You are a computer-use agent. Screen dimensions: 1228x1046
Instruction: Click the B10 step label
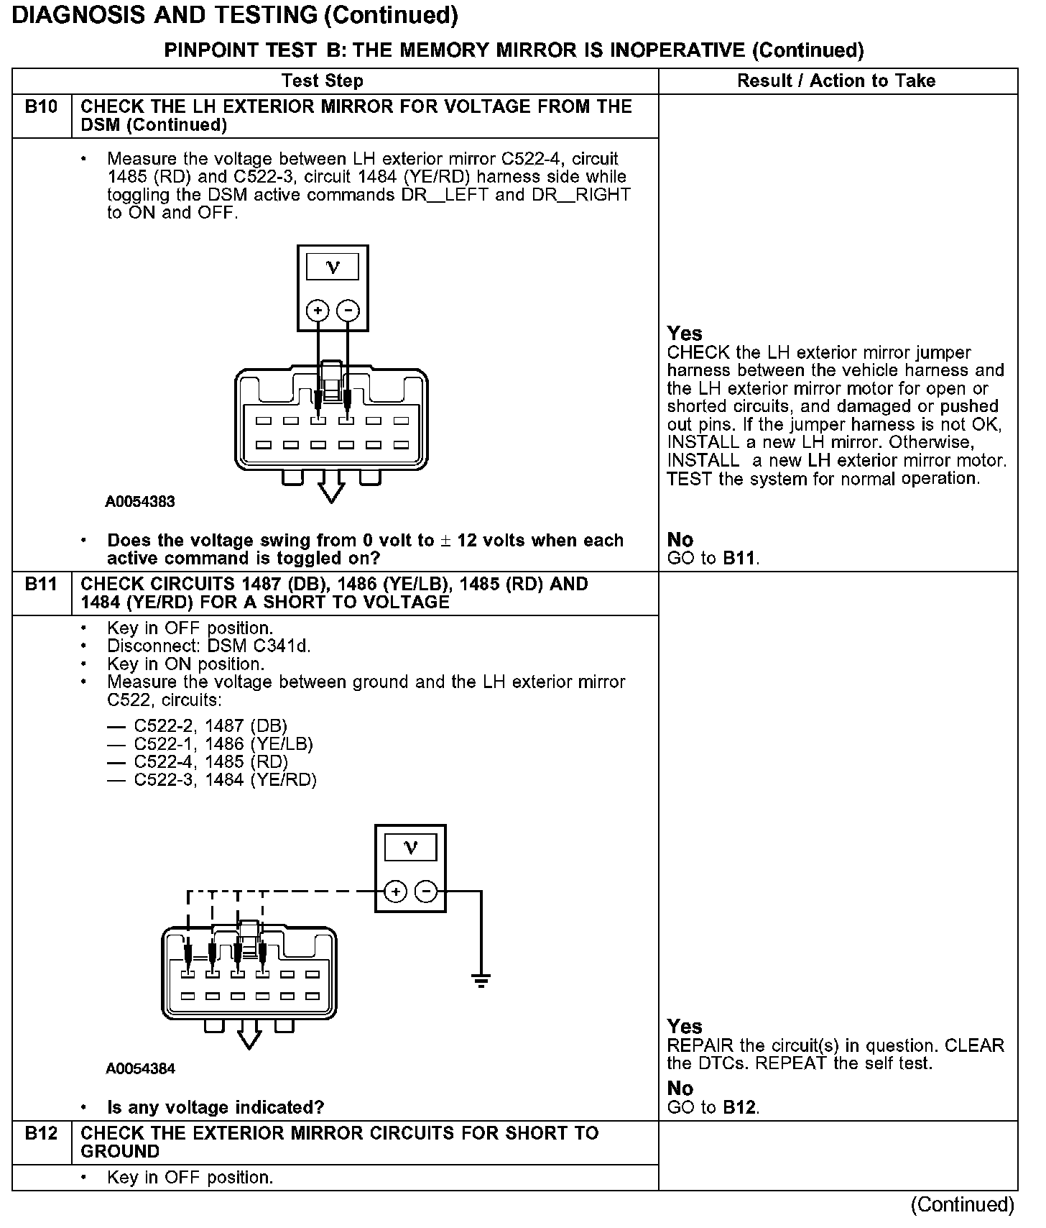pyautogui.click(x=41, y=107)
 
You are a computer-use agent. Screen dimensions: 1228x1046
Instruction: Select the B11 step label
pyautogui.click(x=41, y=584)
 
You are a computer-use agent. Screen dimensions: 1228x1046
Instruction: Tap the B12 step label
pyautogui.click(x=41, y=1133)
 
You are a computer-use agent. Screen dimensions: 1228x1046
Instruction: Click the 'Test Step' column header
pyautogui.click(x=322, y=81)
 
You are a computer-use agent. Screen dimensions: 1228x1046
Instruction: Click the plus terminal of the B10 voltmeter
pyautogui.click(x=318, y=311)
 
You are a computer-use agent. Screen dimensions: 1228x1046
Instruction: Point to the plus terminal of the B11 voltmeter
pyautogui.click(x=395, y=892)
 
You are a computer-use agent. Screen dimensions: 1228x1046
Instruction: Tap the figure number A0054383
pyautogui.click(x=140, y=502)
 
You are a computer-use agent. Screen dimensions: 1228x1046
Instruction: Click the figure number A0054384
pyautogui.click(x=140, y=1068)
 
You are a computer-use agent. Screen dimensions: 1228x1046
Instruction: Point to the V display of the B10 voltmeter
pyautogui.click(x=333, y=267)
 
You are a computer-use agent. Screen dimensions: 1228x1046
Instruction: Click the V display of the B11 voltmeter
pyautogui.click(x=410, y=848)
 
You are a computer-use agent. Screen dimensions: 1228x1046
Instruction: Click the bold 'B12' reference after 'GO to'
pyautogui.click(x=740, y=1107)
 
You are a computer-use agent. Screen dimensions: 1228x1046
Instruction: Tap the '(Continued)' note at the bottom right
pyautogui.click(x=962, y=1204)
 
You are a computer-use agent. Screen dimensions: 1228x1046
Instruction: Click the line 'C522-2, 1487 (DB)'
pyautogui.click(x=210, y=726)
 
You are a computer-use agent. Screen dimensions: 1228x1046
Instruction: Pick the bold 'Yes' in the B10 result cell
pyautogui.click(x=684, y=334)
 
